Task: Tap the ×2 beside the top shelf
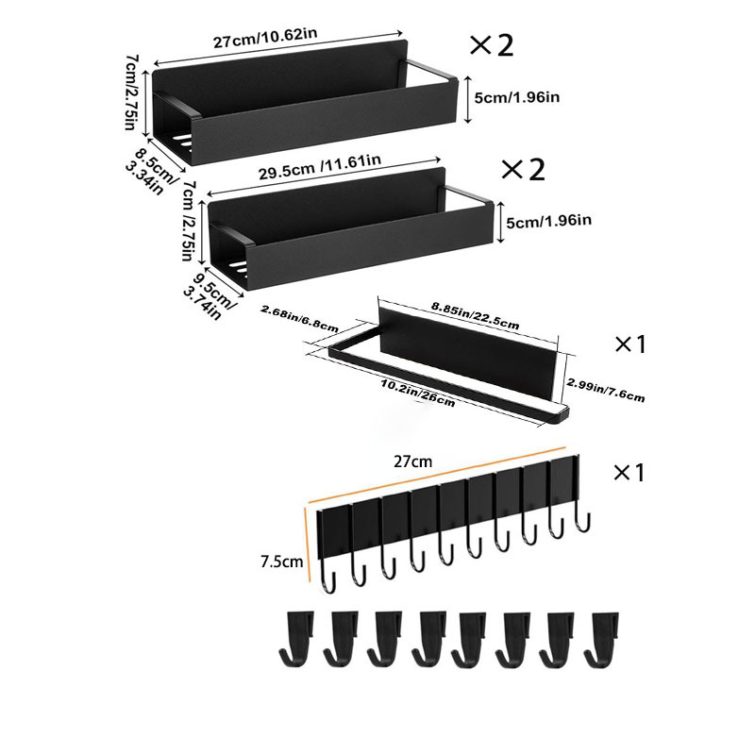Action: pos(492,44)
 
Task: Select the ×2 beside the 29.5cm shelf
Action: pos(523,169)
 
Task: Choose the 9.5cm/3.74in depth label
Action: pos(210,295)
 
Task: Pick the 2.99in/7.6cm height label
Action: pos(605,389)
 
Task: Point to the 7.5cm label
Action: pos(281,562)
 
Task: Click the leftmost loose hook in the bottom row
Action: pos(297,637)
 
